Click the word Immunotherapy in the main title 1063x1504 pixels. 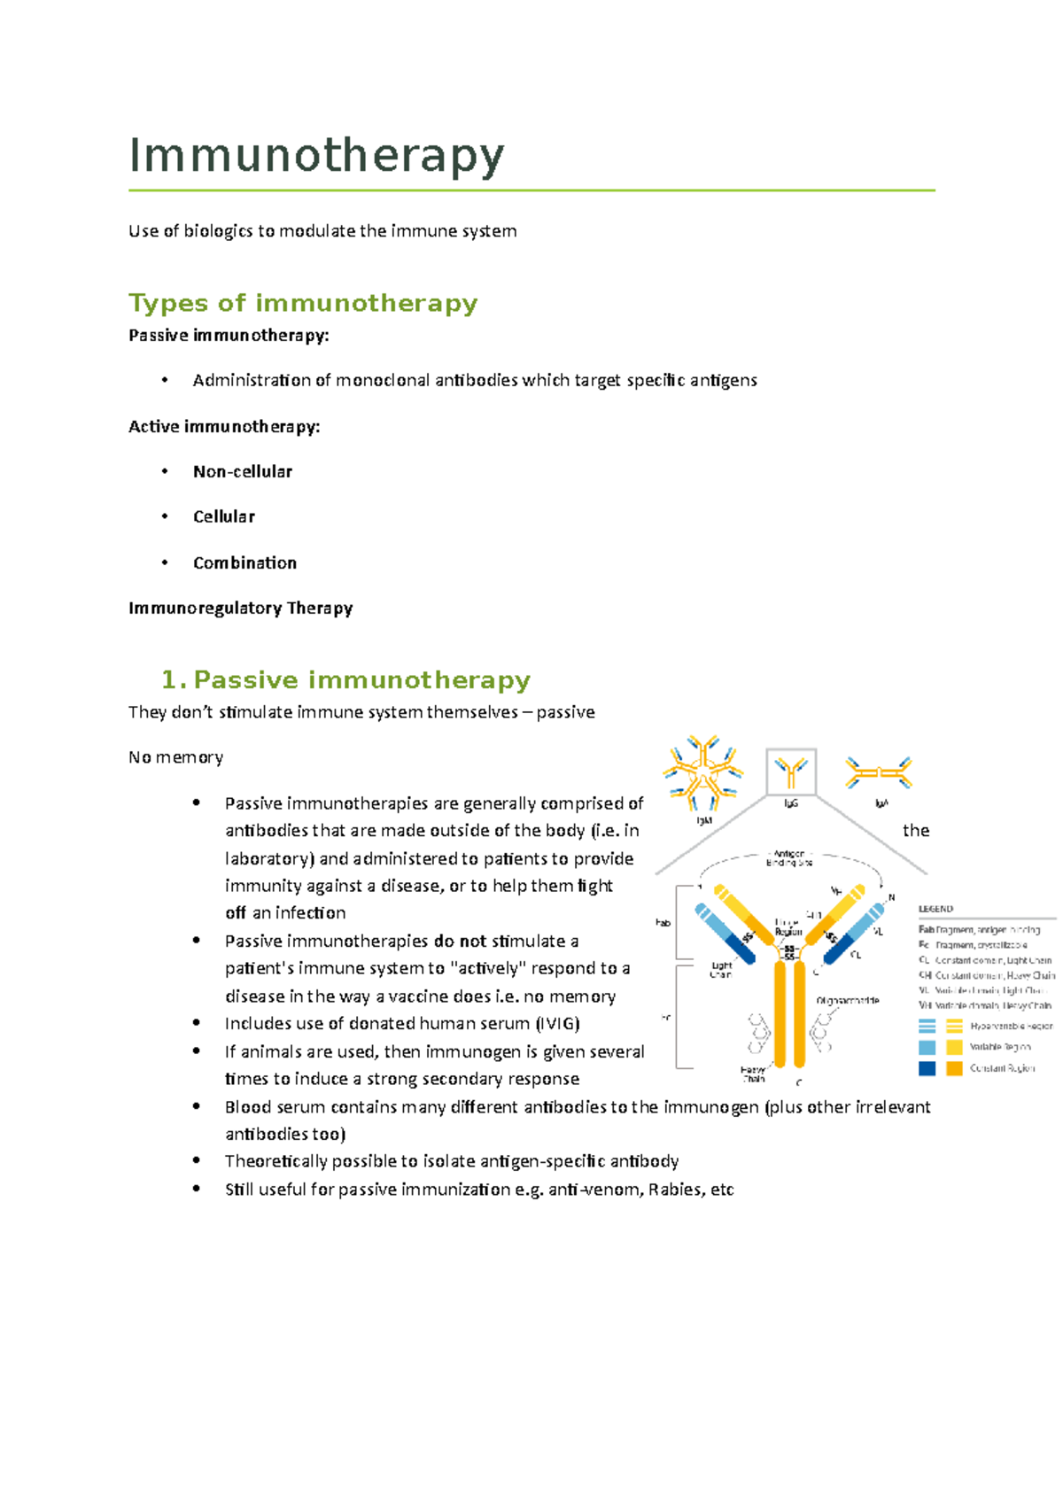[x=316, y=156]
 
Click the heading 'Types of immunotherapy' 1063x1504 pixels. [x=303, y=303]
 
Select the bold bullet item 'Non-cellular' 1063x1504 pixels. [x=242, y=471]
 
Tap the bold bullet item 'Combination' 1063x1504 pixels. [x=244, y=562]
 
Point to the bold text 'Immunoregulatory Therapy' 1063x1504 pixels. [x=240, y=608]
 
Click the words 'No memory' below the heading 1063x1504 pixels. [x=175, y=757]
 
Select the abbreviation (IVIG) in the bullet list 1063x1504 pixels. [x=557, y=1024]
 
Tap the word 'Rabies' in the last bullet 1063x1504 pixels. [x=674, y=1190]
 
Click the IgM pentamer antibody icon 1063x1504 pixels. [x=703, y=773]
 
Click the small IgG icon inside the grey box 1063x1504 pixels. [x=790, y=772]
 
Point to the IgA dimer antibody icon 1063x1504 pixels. [x=878, y=773]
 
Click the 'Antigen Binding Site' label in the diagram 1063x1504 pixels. [x=788, y=858]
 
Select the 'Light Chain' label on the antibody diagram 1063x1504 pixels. [x=721, y=969]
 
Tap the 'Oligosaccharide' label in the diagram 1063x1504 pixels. [x=848, y=1000]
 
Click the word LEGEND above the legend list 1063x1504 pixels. [x=935, y=909]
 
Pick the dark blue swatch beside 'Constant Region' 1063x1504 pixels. [x=927, y=1068]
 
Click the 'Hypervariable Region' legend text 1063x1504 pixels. [x=1011, y=1026]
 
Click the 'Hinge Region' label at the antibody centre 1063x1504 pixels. [x=788, y=926]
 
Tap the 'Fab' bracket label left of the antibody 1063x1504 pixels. [x=663, y=922]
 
